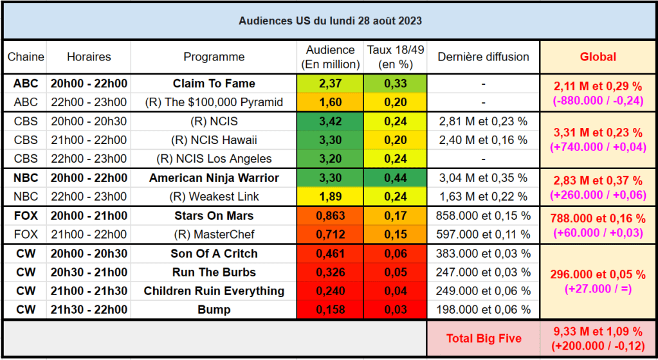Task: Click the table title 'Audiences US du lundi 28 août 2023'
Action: pyautogui.click(x=330, y=21)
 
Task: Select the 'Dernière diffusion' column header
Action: pyautogui.click(x=483, y=57)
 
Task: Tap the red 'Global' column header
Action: pyautogui.click(x=598, y=57)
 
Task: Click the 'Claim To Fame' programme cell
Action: pyautogui.click(x=214, y=84)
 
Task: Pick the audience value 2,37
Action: pyautogui.click(x=330, y=84)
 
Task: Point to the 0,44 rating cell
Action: pyautogui.click(x=395, y=177)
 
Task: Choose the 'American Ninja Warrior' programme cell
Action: pyautogui.click(x=214, y=177)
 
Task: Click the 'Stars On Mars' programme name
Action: pyautogui.click(x=214, y=215)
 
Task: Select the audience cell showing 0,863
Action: pyautogui.click(x=330, y=215)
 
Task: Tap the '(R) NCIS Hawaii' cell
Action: pyautogui.click(x=214, y=140)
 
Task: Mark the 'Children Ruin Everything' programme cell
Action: pyautogui.click(x=214, y=291)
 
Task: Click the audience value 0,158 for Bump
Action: pyautogui.click(x=330, y=310)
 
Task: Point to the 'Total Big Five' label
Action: pyautogui.click(x=483, y=339)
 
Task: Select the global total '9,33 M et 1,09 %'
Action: pyautogui.click(x=598, y=332)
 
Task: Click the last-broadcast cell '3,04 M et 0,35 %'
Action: pyautogui.click(x=483, y=177)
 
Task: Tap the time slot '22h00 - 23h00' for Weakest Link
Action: pyautogui.click(x=89, y=197)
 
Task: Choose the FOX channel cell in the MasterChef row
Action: pyautogui.click(x=26, y=235)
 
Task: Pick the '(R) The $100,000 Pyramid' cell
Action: pyautogui.click(x=214, y=102)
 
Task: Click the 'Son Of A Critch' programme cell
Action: pyautogui.click(x=214, y=253)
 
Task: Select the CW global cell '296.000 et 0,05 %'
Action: pyautogui.click(x=598, y=274)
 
